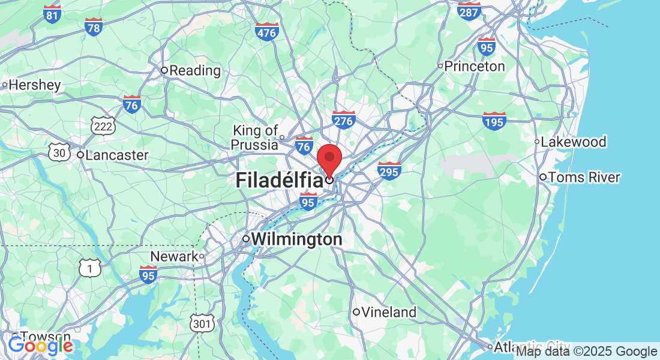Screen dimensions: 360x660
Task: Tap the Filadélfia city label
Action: pos(279,180)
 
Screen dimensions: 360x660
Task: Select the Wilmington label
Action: pos(296,239)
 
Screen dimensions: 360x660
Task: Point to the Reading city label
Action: pos(195,70)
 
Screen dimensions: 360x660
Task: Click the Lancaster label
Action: pos(116,155)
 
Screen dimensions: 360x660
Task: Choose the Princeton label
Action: pos(475,66)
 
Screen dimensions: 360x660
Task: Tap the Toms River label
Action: pos(584,178)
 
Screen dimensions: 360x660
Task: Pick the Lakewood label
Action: pos(573,142)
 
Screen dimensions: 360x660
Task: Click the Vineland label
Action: pos(389,312)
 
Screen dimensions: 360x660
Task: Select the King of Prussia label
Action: pos(256,137)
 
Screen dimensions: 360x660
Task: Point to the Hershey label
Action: pos(34,85)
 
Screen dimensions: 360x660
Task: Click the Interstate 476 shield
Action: pos(266,31)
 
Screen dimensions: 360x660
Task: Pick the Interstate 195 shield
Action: pos(494,121)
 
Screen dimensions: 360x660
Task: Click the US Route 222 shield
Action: pos(103,126)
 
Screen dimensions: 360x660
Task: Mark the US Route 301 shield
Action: pos(203,324)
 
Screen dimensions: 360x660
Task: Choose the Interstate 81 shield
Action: pos(52,14)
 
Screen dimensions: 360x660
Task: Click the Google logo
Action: pos(41,346)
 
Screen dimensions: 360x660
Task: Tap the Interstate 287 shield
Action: pos(469,10)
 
